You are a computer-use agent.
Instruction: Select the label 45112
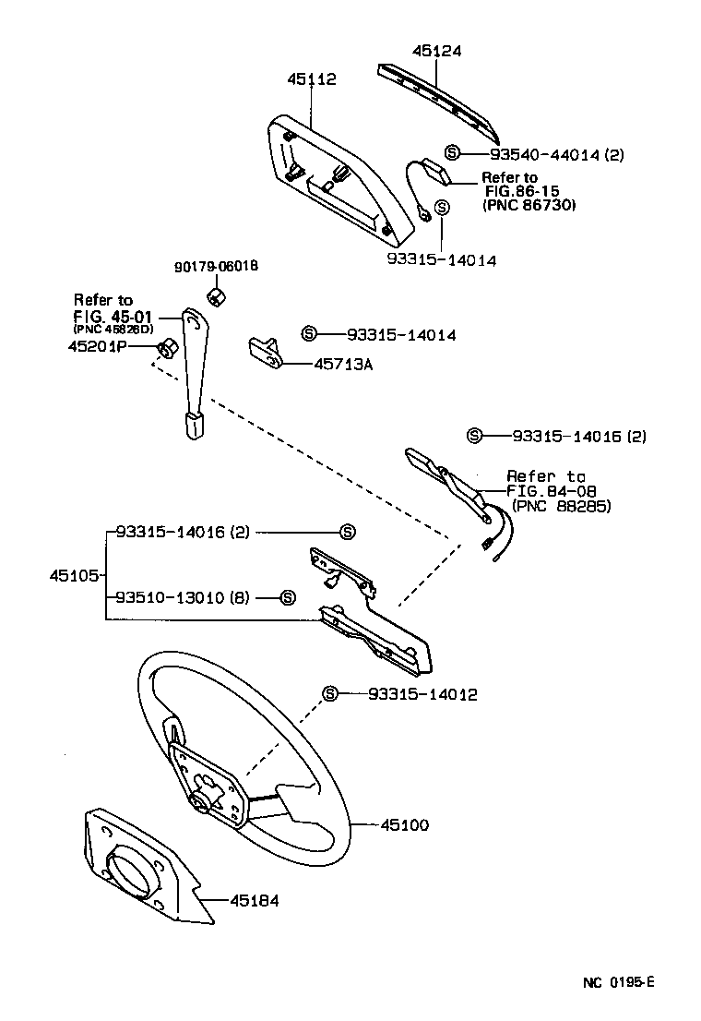tap(310, 79)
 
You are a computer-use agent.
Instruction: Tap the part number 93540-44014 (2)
tap(556, 154)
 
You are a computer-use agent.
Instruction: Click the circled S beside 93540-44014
tap(452, 153)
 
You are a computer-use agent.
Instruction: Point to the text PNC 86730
tap(529, 205)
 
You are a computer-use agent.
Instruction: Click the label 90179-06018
tap(216, 267)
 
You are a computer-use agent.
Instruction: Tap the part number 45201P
tap(98, 346)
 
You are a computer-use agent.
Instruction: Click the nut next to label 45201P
tap(168, 348)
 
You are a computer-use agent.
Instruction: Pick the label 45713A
tap(343, 365)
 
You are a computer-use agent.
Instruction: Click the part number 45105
tap(73, 575)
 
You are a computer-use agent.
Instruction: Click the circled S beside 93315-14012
tap(330, 693)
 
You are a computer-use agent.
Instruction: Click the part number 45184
tap(254, 900)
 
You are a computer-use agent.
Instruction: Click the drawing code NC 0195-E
tap(617, 982)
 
